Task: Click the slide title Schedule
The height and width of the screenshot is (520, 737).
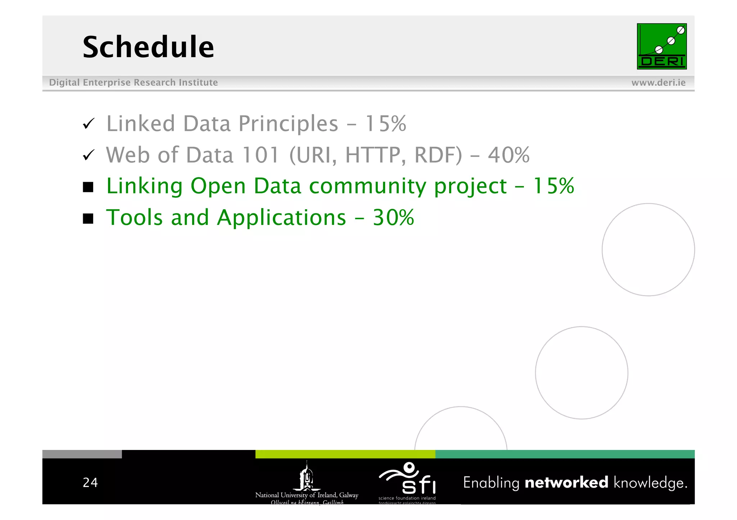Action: point(148,47)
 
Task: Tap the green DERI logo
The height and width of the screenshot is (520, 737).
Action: point(661,46)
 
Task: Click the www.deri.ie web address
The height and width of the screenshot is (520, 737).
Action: point(658,83)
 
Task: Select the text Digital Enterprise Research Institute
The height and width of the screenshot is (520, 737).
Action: point(133,83)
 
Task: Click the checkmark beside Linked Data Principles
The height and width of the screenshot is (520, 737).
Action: point(89,124)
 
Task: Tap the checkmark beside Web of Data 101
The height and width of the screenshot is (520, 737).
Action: point(89,155)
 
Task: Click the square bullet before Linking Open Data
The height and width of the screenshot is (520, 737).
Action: point(88,187)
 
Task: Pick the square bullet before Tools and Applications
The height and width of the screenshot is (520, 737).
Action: point(88,218)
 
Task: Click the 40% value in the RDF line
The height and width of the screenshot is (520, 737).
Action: point(508,155)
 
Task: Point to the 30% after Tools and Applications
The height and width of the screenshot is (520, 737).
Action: point(393,218)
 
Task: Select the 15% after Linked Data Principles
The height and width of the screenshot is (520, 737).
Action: point(385,124)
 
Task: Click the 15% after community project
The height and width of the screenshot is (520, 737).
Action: point(553,186)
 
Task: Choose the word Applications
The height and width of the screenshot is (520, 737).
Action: point(281,218)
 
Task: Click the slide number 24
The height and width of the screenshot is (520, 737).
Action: point(90,483)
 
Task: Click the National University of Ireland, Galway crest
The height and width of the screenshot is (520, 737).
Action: point(307,478)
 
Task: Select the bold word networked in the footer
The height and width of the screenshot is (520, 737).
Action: point(566,483)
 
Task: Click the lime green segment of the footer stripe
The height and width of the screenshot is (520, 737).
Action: point(345,454)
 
